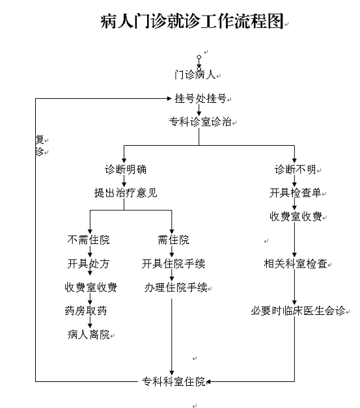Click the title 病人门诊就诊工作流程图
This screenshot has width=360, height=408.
[x=192, y=21]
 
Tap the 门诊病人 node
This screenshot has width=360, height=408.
[x=195, y=75]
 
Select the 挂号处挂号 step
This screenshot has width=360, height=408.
[x=201, y=99]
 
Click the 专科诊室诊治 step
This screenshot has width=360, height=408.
[x=200, y=122]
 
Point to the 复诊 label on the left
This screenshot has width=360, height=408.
[x=40, y=146]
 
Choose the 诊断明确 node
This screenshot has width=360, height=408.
[x=126, y=170]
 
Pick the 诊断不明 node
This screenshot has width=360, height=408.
[x=295, y=170]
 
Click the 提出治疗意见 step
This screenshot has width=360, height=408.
[x=126, y=193]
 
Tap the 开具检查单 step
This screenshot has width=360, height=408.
[x=295, y=193]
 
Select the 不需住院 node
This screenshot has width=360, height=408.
[x=89, y=239]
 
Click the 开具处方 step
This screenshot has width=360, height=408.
[x=89, y=264]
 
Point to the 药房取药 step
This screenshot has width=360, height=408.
[x=86, y=310]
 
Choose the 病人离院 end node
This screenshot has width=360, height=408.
[x=89, y=334]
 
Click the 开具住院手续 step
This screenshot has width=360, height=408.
[x=173, y=264]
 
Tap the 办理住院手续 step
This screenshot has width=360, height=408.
[x=176, y=288]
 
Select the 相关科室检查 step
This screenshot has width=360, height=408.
[x=296, y=264]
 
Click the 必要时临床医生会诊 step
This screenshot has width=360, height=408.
[x=298, y=310]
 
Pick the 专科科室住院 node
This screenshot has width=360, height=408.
[x=173, y=382]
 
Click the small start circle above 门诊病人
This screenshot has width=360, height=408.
[x=199, y=57]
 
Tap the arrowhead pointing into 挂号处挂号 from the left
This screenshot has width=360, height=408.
[x=169, y=98]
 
